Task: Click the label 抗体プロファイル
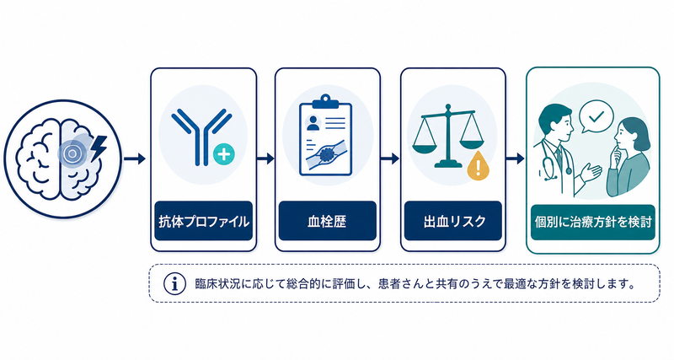coord(204,222)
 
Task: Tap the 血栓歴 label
coord(327,222)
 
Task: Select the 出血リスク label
coord(454,222)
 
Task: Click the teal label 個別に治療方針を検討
coord(593,222)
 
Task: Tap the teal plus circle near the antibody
coord(224,154)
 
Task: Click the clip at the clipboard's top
coord(325,101)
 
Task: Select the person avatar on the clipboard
coord(313,122)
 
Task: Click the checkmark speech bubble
coord(596,116)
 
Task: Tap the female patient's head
coord(631,136)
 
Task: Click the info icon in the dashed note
coord(174,284)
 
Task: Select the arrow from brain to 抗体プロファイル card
coord(135,159)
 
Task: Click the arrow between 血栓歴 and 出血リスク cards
coord(389,159)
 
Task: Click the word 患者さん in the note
coord(402,284)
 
